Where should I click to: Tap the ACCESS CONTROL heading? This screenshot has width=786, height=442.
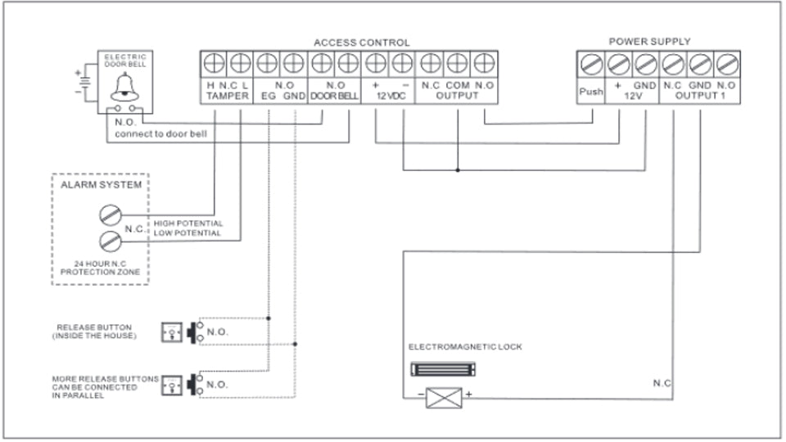(362, 42)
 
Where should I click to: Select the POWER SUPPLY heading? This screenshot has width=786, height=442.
(649, 41)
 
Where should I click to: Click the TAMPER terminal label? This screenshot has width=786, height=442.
(224, 96)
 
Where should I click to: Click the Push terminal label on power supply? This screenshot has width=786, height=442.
(590, 91)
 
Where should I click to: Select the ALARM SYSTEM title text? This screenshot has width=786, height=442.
(101, 185)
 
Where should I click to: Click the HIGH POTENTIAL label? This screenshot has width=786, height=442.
(187, 223)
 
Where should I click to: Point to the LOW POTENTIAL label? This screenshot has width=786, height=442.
(187, 233)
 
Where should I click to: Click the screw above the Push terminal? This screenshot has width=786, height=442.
(590, 62)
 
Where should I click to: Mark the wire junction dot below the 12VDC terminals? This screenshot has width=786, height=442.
(457, 170)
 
